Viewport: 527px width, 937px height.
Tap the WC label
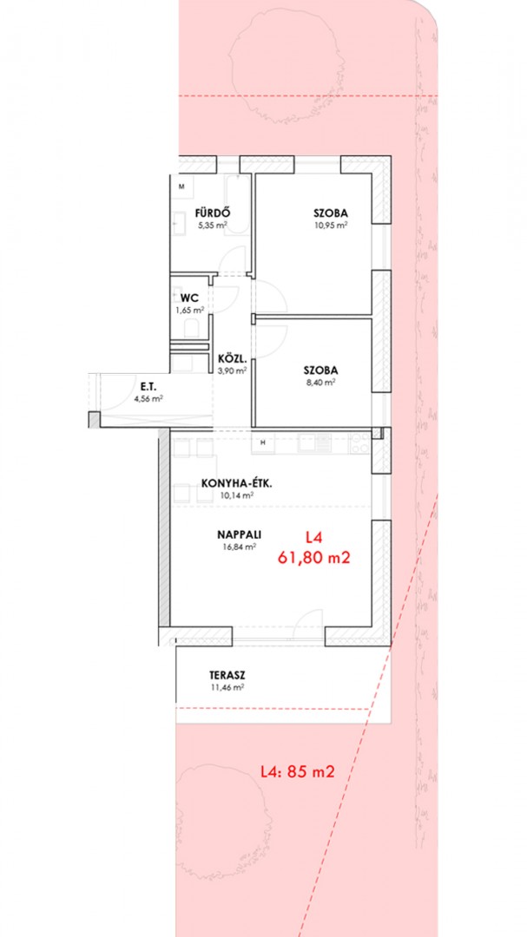[189, 298]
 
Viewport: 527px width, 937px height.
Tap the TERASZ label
[227, 676]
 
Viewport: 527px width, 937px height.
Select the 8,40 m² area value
[320, 383]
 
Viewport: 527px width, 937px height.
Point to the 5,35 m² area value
[213, 226]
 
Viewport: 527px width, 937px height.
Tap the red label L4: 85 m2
[297, 771]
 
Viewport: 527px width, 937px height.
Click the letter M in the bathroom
[181, 186]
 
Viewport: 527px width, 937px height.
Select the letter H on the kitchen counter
[262, 442]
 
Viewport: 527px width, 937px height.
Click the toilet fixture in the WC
[191, 328]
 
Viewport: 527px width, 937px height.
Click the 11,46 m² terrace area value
[227, 687]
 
